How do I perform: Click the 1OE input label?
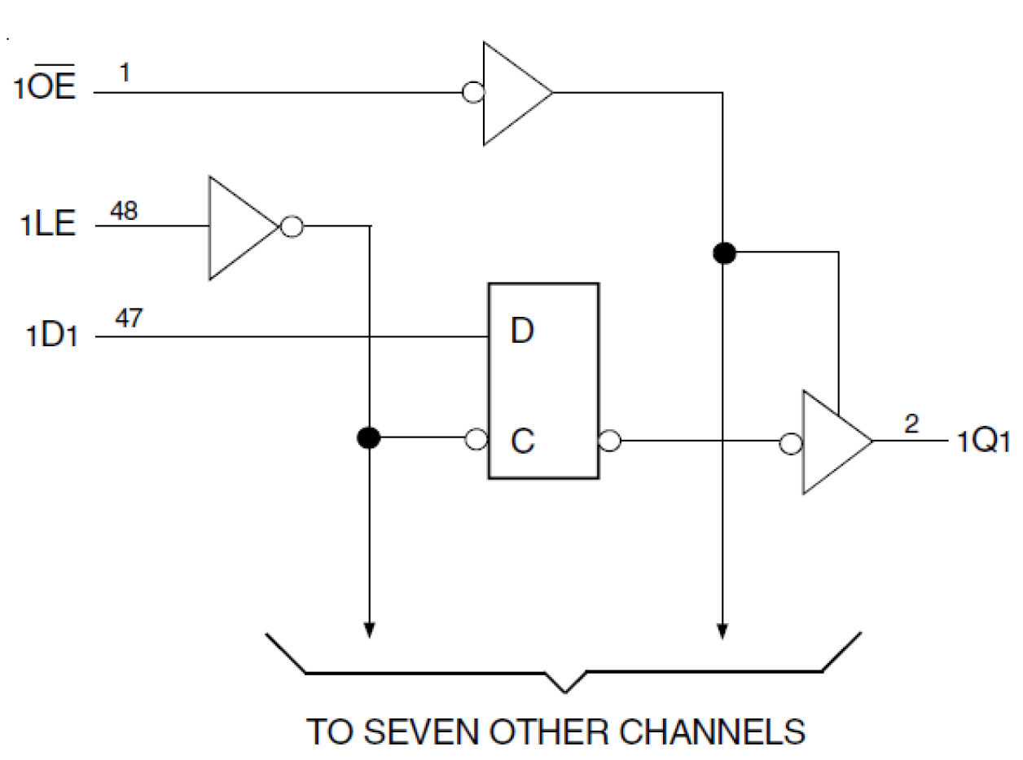44,88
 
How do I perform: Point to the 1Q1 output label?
983,442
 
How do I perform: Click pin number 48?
123,212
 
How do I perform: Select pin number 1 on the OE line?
125,73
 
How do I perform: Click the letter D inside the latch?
522,332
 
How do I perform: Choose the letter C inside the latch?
522,442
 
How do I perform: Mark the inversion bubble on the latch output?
609,442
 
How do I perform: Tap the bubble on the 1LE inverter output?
291,226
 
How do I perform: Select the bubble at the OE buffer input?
472,93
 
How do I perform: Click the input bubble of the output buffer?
790,443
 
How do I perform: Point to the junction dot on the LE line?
369,438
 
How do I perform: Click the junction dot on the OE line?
723,253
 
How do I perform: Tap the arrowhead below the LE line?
370,629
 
